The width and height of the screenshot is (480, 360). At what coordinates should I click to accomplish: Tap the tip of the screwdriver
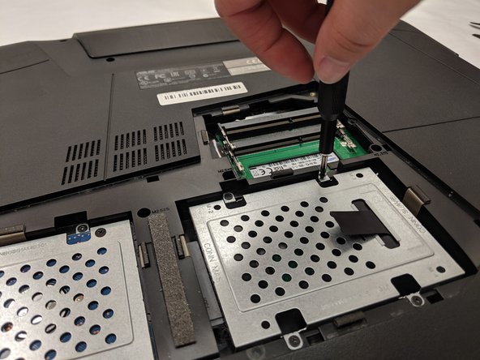[x=325, y=173]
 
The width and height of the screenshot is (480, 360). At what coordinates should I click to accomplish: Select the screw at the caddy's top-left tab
[x=229, y=198]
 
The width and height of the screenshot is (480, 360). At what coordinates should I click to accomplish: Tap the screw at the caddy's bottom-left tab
[x=294, y=335]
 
